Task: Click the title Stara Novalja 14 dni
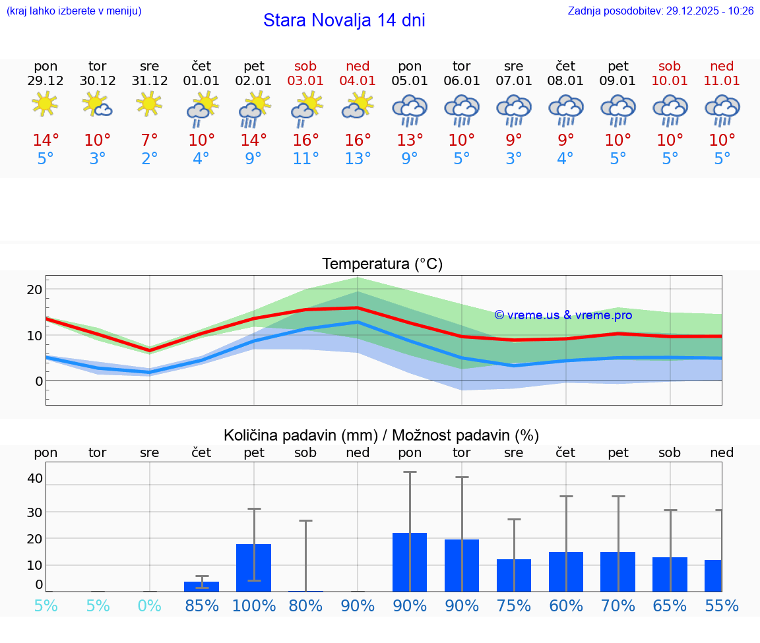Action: (344, 20)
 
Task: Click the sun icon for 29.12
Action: (45, 105)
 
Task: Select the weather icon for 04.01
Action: (358, 106)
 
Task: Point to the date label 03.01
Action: (305, 81)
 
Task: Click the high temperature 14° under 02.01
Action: (253, 140)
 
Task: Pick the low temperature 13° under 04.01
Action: (358, 159)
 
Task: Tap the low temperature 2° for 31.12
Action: (149, 159)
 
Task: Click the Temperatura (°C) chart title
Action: (382, 264)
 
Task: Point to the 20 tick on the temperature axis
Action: (34, 290)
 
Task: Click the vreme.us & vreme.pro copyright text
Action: (563, 315)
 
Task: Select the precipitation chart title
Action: (381, 435)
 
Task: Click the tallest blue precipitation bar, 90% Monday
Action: (410, 562)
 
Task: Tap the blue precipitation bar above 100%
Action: (253, 567)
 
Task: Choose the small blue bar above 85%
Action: (201, 586)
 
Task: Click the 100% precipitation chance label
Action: (253, 606)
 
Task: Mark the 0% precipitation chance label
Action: (149, 606)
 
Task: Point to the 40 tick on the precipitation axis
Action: (34, 478)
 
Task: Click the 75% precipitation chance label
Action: (513, 606)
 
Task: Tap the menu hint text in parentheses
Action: (73, 11)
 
